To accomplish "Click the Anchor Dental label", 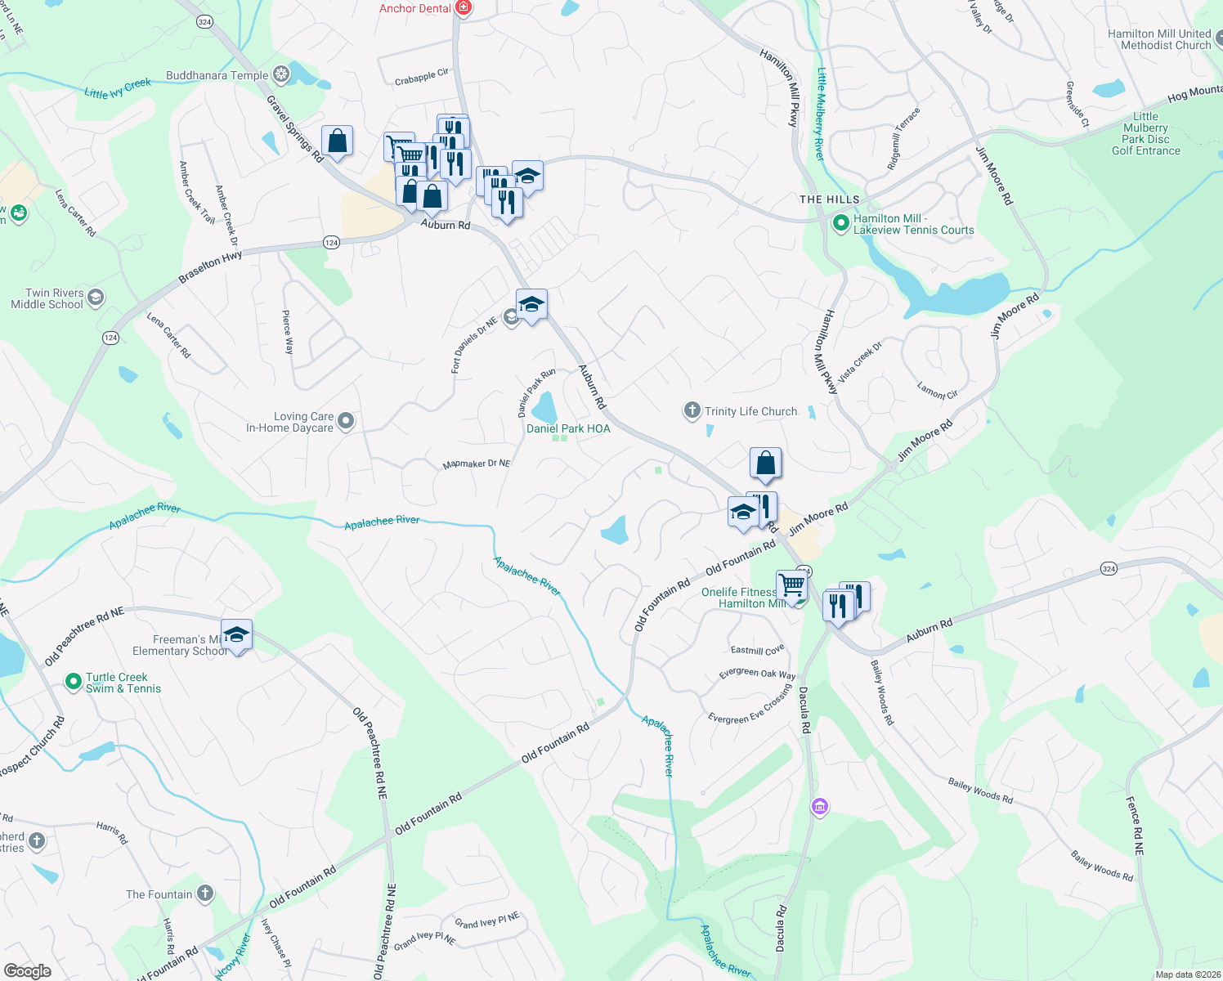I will click(414, 8).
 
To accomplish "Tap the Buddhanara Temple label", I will click(217, 75).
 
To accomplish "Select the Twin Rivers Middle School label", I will click(47, 298).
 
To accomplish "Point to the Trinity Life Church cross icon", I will click(692, 410).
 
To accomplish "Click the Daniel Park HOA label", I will click(568, 428).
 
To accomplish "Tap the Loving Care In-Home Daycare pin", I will click(346, 421).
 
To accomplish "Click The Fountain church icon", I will click(204, 894).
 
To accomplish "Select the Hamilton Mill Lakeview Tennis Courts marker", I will click(840, 223).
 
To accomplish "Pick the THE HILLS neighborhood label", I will click(829, 199).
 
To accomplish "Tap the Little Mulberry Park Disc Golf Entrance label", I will click(1145, 133).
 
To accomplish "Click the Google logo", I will click(28, 970).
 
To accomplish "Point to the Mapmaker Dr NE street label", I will click(476, 464).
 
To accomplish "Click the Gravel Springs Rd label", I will click(295, 128).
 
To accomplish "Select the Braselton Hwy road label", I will click(210, 267).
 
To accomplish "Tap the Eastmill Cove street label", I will click(757, 650).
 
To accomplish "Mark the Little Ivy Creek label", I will click(118, 87).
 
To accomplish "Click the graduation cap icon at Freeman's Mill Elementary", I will click(236, 634).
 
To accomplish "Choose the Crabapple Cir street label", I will click(421, 77).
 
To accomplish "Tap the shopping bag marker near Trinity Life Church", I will click(765, 464).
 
